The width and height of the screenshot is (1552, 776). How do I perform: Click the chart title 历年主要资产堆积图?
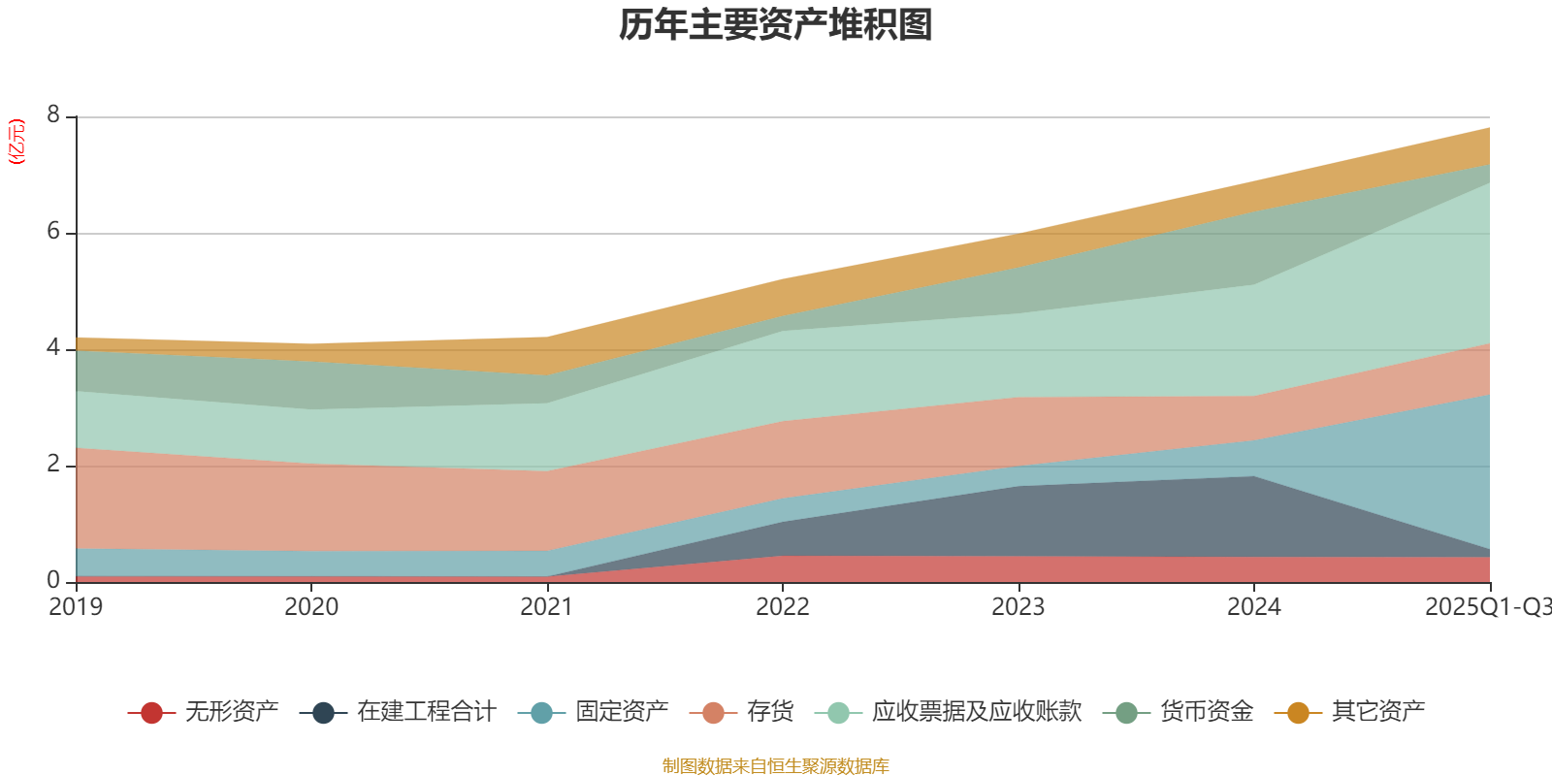776,25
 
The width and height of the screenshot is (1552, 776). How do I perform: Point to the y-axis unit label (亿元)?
16,142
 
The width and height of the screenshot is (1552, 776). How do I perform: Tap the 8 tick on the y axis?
53,115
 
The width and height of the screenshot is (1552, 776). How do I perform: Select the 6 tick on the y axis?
53,232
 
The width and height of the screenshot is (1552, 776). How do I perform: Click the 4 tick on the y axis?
53,347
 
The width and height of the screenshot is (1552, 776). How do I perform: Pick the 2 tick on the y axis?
53,464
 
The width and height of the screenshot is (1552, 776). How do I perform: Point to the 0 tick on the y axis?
53,580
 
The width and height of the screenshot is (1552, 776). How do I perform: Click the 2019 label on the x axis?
76,607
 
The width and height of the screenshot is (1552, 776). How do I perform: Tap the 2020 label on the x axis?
311,607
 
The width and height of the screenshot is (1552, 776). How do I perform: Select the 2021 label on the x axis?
547,607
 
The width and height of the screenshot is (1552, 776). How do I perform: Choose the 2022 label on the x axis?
783,607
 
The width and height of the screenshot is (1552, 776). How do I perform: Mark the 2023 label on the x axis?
1018,607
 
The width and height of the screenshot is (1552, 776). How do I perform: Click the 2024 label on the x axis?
1254,607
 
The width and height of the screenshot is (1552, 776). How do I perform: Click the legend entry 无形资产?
231,712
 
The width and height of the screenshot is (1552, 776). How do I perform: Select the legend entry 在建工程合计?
426,712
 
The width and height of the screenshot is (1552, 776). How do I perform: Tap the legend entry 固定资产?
622,712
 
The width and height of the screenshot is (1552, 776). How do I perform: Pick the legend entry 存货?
770,712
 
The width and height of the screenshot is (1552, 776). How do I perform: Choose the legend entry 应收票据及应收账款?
976,712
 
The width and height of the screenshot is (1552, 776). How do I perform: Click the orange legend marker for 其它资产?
1298,713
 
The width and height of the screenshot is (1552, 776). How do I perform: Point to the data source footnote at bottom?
776,766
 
